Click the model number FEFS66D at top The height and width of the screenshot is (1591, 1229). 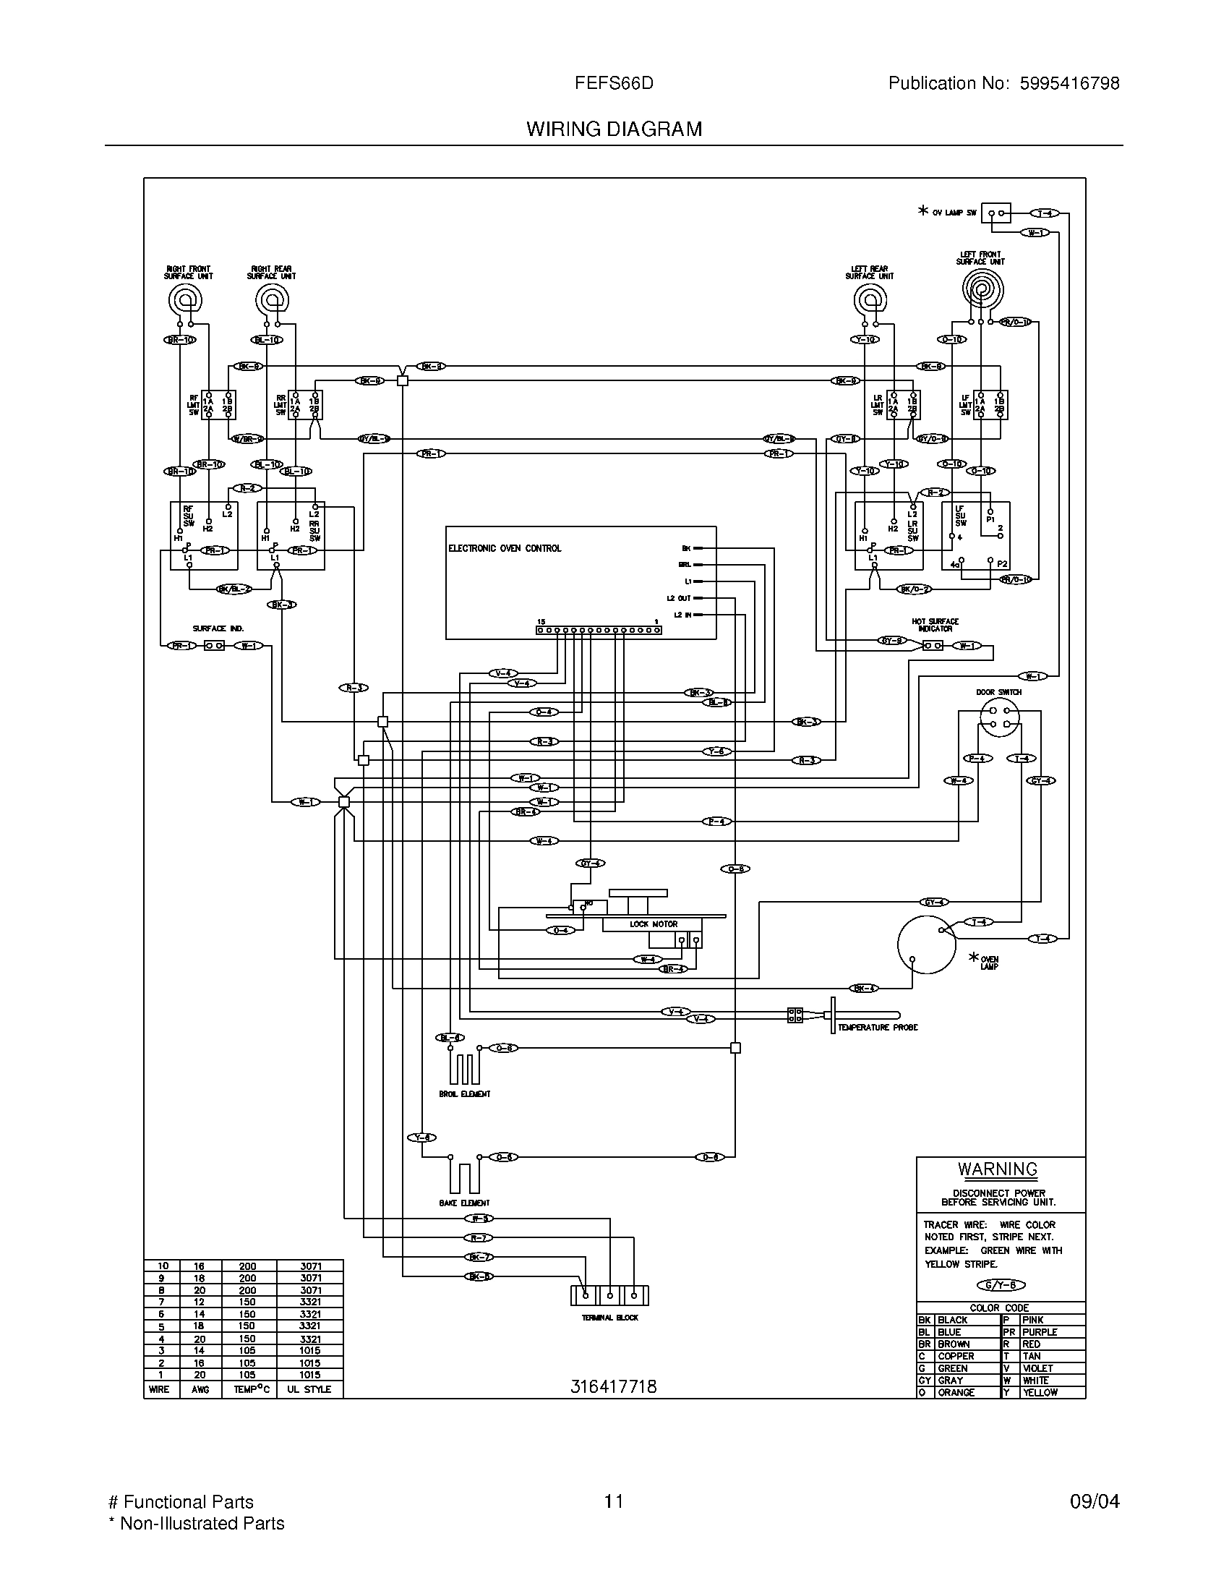click(614, 84)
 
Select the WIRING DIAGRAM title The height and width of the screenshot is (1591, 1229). click(614, 129)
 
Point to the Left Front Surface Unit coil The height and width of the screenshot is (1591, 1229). click(982, 290)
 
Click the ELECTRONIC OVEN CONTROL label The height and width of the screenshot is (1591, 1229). click(505, 549)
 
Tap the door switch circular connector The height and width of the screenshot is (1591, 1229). click(999, 717)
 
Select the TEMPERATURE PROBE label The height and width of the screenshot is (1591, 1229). click(878, 1027)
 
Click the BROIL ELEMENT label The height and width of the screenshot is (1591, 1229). click(465, 1094)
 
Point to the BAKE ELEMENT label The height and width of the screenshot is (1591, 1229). click(465, 1203)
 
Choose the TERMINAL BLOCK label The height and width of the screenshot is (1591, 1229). click(609, 1318)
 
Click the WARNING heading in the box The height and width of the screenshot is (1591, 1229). click(998, 1169)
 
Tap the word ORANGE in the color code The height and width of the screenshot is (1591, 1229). click(955, 1392)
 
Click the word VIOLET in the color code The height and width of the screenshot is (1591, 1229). click(1037, 1368)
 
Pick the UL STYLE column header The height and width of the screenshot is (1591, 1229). click(309, 1389)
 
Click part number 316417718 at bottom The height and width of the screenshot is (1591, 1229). click(613, 1386)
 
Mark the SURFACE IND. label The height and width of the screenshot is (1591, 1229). click(218, 628)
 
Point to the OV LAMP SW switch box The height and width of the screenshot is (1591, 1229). click(996, 213)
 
